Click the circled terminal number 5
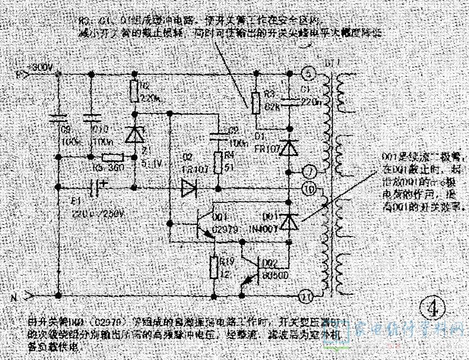(x=309, y=73)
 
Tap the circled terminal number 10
(x=310, y=188)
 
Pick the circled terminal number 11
(x=306, y=297)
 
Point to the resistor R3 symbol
(x=256, y=102)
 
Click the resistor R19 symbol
(x=214, y=268)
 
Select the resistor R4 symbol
(x=217, y=163)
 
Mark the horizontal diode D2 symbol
(x=189, y=188)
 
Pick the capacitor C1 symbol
(x=288, y=100)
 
